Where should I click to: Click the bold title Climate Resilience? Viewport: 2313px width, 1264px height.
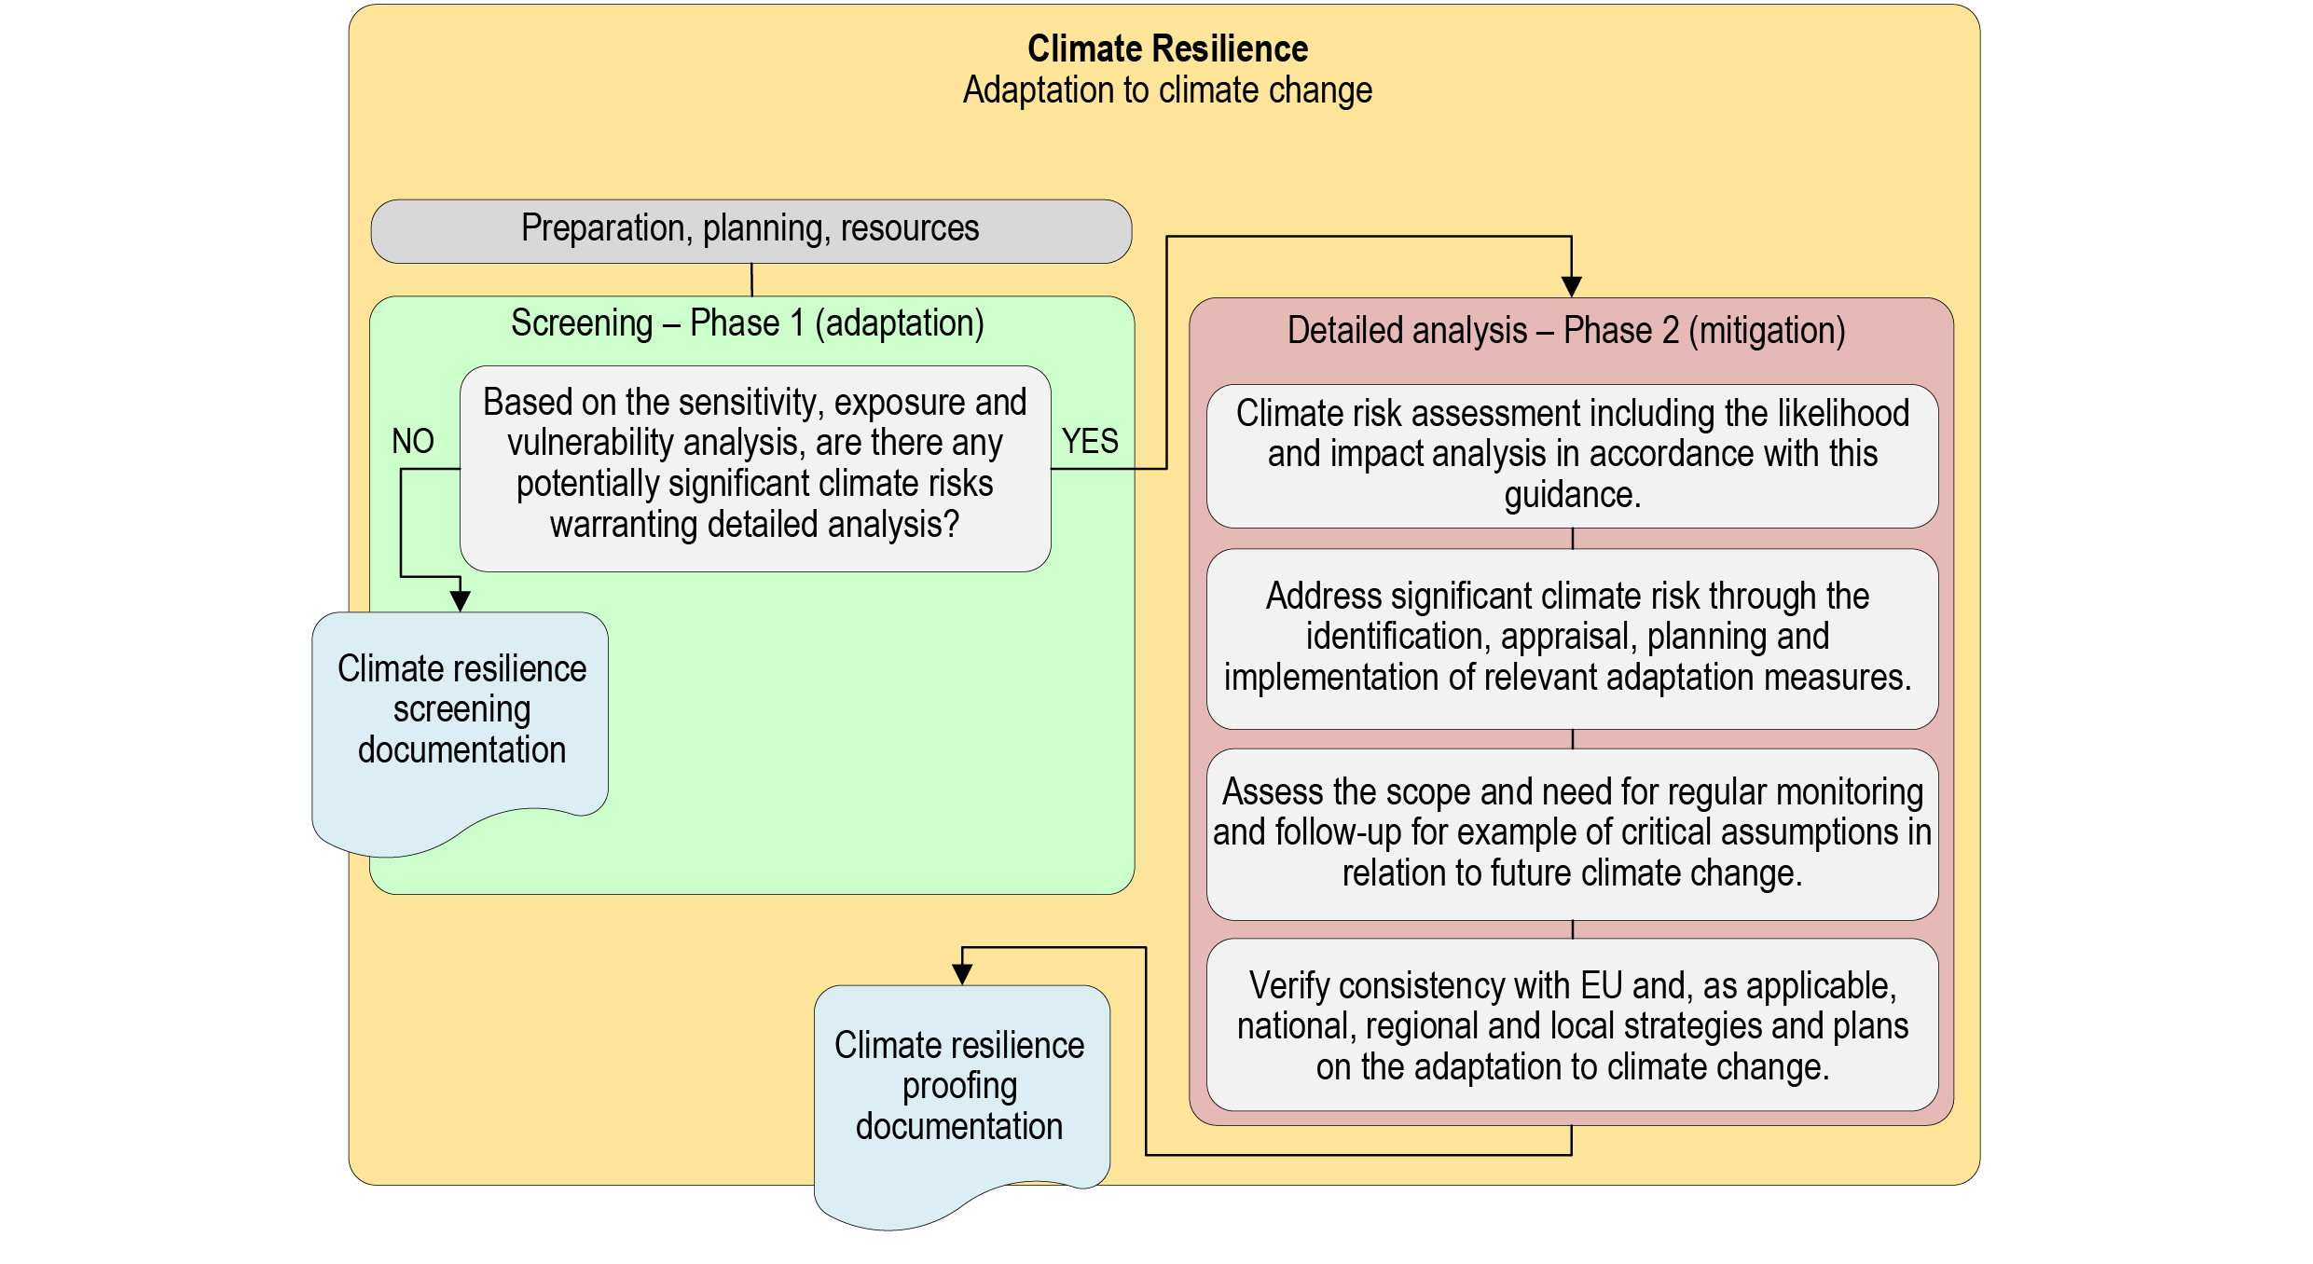pos(1167,48)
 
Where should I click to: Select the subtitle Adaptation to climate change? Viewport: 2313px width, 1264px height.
pos(1167,90)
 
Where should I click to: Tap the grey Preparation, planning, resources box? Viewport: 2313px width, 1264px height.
pos(750,229)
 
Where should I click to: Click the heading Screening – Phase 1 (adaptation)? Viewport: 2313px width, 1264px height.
pos(747,323)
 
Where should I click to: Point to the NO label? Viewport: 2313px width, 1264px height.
pos(412,441)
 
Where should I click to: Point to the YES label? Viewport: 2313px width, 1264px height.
pos(1089,441)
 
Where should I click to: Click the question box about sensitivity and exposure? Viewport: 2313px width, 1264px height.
pos(754,468)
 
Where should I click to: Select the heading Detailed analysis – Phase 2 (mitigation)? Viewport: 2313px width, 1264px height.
pos(1566,331)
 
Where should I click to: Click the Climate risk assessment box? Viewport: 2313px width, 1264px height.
pos(1572,455)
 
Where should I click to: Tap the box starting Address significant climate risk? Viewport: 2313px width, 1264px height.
pos(1572,638)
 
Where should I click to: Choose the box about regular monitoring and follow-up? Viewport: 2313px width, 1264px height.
pos(1572,832)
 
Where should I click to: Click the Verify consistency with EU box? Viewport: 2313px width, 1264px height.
pos(1572,1025)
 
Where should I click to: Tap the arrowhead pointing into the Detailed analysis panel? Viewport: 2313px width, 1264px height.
pos(1571,287)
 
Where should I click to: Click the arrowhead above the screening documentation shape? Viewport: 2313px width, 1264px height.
pos(460,601)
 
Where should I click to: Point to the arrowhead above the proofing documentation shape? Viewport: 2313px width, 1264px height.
pos(962,974)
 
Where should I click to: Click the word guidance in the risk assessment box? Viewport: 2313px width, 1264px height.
pos(1572,495)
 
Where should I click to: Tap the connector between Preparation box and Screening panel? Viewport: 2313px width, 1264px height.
pos(751,280)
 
